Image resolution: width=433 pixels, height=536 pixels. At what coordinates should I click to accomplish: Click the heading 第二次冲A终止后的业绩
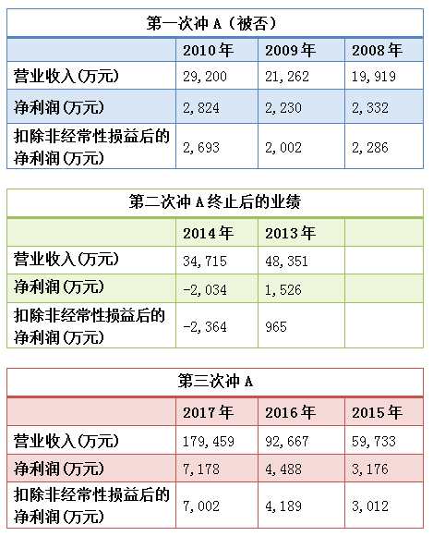(213, 202)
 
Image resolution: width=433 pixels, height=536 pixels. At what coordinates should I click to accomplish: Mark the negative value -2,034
(205, 286)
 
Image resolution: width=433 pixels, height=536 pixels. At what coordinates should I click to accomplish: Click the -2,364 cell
(205, 326)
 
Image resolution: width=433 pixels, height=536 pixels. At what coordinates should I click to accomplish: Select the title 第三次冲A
(213, 382)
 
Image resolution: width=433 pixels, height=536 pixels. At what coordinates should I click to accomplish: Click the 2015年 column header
(376, 411)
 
